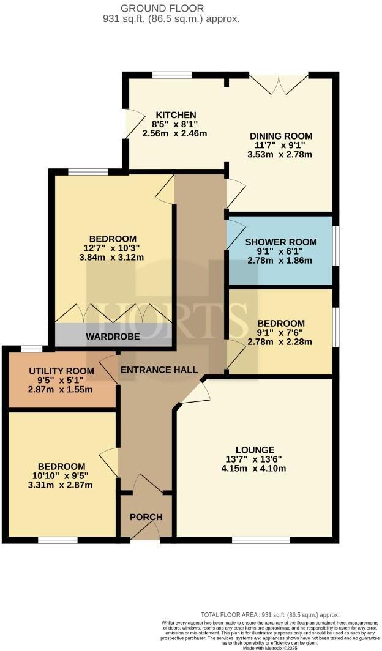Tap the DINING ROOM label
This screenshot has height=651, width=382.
click(281, 136)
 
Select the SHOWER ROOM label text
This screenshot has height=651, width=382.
click(279, 242)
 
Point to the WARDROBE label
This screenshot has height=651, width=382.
click(113, 337)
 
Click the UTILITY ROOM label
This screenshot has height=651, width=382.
click(62, 371)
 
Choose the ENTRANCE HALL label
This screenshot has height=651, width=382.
click(159, 370)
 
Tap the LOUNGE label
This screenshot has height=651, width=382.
click(258, 449)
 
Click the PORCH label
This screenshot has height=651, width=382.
click(146, 517)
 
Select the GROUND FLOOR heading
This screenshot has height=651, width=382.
click(171, 8)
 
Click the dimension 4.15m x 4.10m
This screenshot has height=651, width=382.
click(258, 469)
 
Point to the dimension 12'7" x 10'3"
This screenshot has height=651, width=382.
click(113, 248)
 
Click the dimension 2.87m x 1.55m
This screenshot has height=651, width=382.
click(62, 390)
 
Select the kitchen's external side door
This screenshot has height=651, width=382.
click(130, 122)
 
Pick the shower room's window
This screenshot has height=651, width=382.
click(335, 245)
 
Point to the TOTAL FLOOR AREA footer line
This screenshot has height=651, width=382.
click(269, 614)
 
